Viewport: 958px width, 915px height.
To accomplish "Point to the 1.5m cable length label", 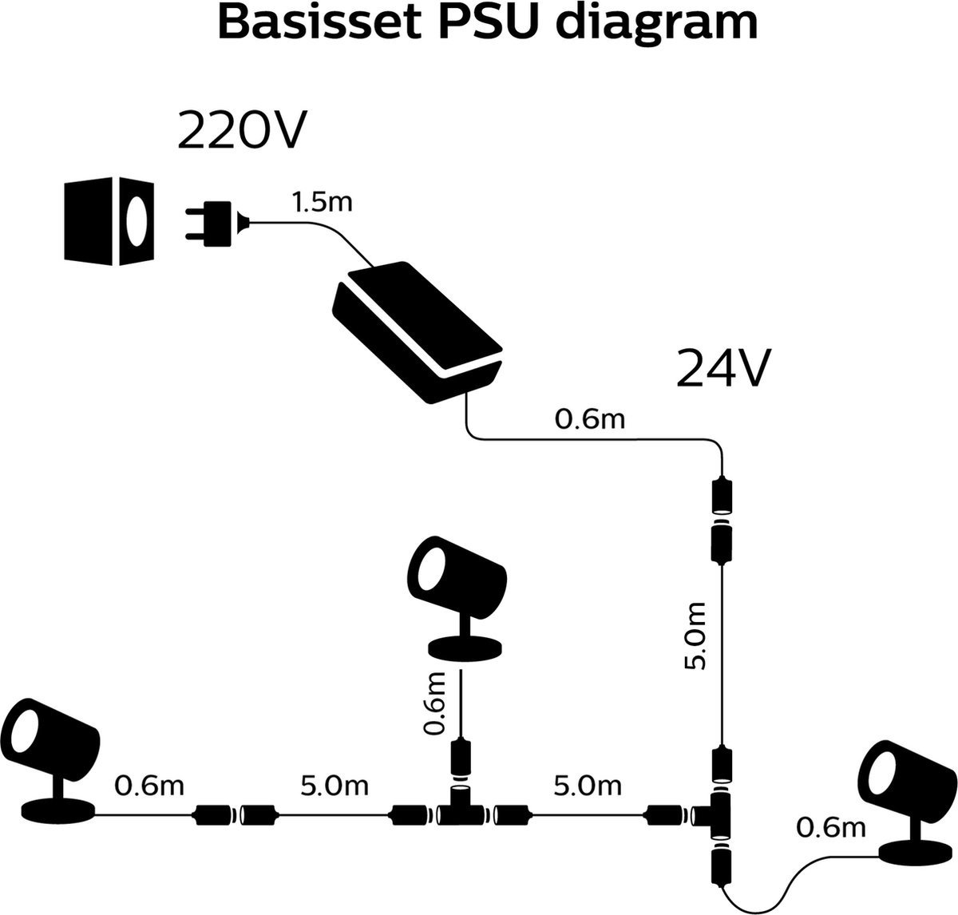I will point(321,203).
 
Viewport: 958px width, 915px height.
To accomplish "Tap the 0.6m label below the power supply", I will point(589,419).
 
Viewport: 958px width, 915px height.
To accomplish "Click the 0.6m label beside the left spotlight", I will point(149,786).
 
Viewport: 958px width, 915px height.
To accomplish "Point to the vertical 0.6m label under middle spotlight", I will point(436,703).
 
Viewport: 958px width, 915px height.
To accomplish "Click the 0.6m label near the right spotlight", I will point(830,828).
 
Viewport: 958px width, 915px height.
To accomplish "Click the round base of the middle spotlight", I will point(465,648).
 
